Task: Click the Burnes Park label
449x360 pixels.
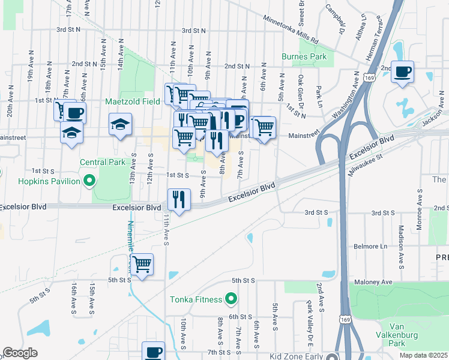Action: tap(304, 57)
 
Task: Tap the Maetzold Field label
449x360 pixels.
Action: tap(133, 101)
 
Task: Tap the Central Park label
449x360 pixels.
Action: tap(103, 162)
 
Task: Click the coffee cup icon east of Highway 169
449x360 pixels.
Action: tap(403, 72)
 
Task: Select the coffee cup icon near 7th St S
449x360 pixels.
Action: tap(153, 352)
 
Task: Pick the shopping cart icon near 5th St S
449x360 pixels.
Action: tap(142, 264)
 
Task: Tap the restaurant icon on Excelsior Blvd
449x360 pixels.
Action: tap(178, 199)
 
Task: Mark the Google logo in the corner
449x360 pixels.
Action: tap(20, 353)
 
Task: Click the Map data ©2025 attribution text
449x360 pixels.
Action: tap(424, 355)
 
